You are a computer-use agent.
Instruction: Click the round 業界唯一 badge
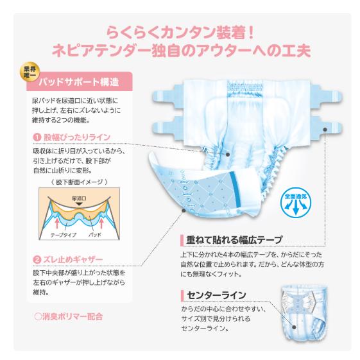point(28,72)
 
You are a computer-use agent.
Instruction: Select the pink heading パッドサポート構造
point(78,82)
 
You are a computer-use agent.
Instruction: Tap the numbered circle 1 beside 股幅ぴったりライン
point(37,137)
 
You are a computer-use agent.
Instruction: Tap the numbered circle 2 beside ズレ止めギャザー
point(37,260)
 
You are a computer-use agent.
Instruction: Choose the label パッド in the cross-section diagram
point(95,236)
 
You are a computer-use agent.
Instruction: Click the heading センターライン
point(216,295)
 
